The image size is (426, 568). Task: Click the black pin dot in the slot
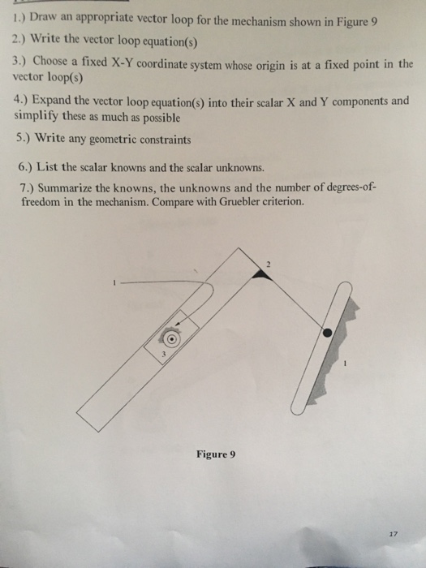(328, 333)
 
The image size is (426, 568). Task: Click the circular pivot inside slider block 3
(170, 338)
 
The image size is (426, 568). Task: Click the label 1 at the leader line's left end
(116, 282)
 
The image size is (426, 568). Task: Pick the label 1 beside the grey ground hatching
(345, 365)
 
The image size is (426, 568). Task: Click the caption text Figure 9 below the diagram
(215, 454)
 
